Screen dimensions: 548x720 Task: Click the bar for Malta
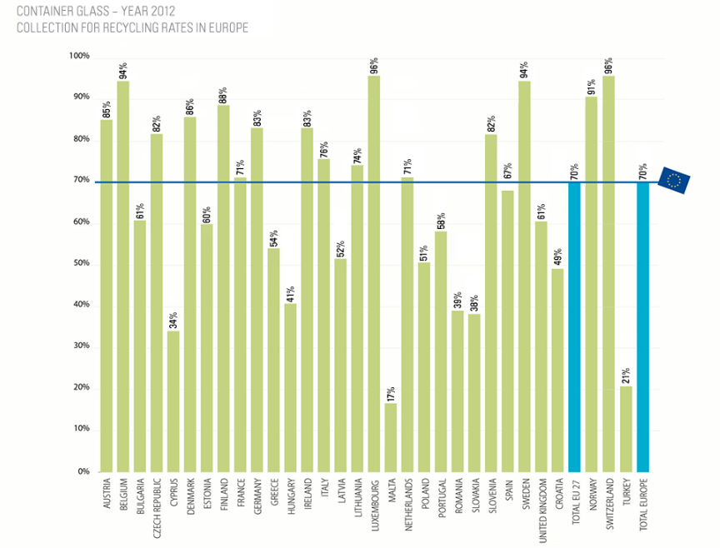(x=390, y=437)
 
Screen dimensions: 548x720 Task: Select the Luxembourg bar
(x=373, y=275)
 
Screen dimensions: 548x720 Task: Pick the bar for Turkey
(x=626, y=429)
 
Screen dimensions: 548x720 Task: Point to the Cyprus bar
(x=172, y=401)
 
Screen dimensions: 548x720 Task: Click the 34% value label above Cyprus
(x=172, y=318)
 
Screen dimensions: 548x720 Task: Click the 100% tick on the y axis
(x=79, y=57)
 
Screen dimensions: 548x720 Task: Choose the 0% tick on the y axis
(x=83, y=471)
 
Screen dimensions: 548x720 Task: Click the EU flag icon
(x=673, y=181)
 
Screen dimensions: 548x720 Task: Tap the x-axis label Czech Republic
(x=156, y=509)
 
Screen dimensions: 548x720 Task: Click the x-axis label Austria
(x=106, y=495)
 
